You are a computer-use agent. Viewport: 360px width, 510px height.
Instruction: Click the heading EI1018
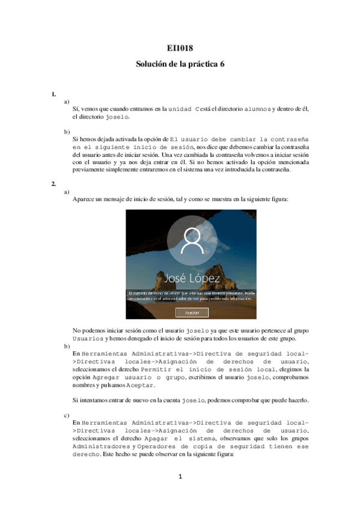coord(180,49)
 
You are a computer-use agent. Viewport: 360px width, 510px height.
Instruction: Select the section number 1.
coord(53,94)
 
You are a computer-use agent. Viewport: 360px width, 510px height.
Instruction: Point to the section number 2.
coord(53,184)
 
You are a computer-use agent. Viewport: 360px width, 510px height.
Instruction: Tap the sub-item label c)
coord(67,415)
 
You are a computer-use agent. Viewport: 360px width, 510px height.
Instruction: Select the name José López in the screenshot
coord(191,278)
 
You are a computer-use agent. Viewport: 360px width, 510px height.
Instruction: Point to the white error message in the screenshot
coord(191,295)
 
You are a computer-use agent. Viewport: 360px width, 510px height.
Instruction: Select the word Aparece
coord(84,198)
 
